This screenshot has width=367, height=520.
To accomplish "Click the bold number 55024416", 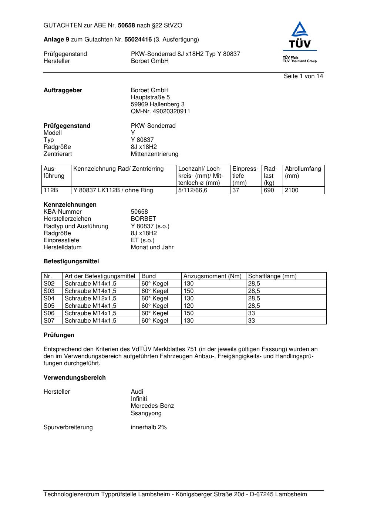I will [138, 40].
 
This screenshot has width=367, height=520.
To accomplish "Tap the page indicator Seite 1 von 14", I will [303, 76].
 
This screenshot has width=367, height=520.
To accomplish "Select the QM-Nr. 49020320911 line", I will [161, 111].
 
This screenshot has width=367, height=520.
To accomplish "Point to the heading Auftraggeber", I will [63, 90].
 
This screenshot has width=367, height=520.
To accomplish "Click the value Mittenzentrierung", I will [154, 154].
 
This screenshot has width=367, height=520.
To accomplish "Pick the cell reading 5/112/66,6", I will [193, 190].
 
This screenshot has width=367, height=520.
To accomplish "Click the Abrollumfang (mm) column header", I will [303, 172].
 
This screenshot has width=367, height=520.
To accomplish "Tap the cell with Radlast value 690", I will [269, 190].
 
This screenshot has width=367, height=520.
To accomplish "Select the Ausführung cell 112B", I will [51, 190].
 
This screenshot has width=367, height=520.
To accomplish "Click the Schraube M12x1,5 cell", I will [90, 299].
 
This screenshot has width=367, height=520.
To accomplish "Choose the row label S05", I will [49, 306].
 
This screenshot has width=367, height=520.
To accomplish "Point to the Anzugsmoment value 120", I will [189, 306].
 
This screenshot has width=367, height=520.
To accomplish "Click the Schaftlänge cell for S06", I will [252, 313].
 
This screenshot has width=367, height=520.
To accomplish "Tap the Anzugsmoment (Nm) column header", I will [212, 276].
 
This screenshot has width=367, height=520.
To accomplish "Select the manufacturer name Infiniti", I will [139, 399].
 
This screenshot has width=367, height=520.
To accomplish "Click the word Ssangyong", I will [146, 413].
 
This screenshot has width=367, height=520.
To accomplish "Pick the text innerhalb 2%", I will [149, 427].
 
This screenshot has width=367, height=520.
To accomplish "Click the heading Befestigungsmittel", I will [71, 261].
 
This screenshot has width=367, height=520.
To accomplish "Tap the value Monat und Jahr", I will [152, 247].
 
